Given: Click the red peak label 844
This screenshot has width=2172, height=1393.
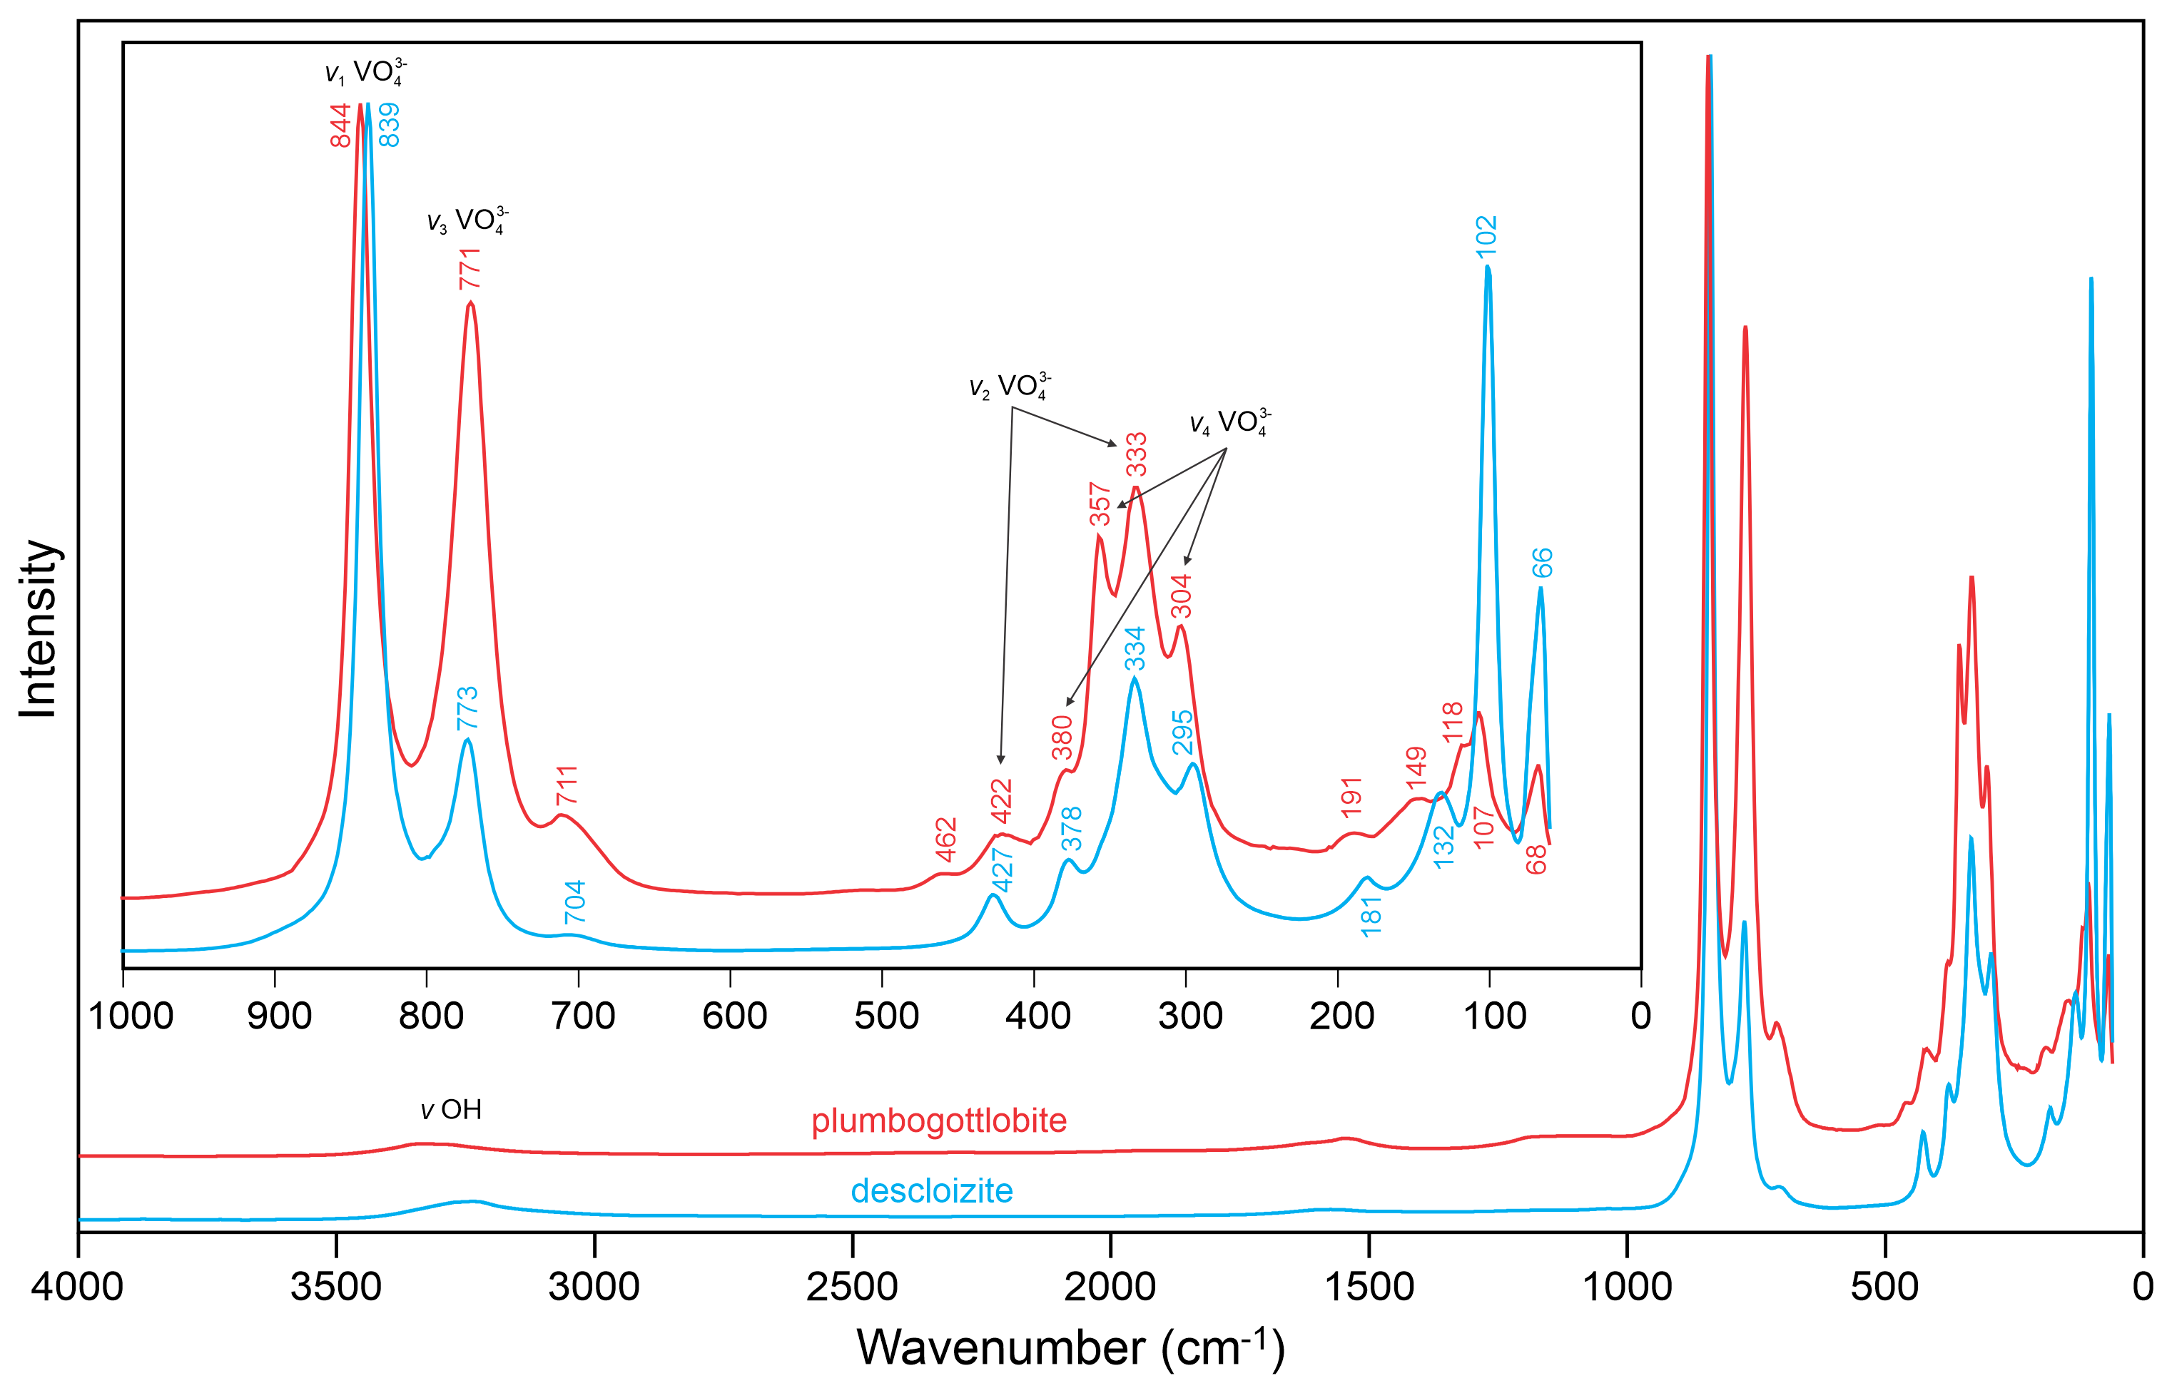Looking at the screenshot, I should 340,125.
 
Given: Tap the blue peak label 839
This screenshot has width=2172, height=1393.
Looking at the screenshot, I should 389,125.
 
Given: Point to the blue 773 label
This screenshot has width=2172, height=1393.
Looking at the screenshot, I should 467,708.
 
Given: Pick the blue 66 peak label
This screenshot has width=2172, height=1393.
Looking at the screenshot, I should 1543,563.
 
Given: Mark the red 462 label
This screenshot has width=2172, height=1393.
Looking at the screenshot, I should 946,840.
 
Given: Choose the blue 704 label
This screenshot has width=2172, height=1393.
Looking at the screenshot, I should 575,901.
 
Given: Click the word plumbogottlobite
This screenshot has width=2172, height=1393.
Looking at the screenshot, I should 939,1121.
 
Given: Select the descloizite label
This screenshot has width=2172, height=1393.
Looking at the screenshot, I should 932,1190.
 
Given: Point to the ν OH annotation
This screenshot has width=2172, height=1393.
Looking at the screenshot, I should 452,1110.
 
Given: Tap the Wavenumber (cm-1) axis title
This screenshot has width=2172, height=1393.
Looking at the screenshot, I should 1070,1348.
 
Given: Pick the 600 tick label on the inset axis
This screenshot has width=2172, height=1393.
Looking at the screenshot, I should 734,1016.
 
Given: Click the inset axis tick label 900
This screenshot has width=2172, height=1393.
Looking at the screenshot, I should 280,1016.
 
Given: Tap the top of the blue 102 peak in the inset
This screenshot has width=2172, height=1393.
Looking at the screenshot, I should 1488,267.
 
